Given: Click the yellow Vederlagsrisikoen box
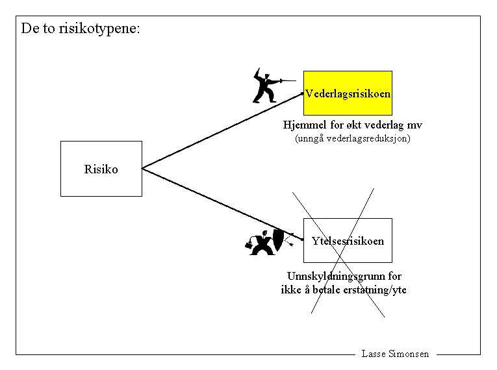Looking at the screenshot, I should point(348,93).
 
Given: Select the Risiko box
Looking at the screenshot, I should point(101,169).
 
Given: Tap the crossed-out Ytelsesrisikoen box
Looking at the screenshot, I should point(348,241).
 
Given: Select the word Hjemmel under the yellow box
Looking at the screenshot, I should point(303,125).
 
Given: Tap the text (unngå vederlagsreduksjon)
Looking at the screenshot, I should point(353,139).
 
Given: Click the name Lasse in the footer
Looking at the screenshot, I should point(373,354).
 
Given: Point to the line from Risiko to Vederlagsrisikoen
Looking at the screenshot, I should point(221,130).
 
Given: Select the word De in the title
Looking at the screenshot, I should point(29,29).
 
